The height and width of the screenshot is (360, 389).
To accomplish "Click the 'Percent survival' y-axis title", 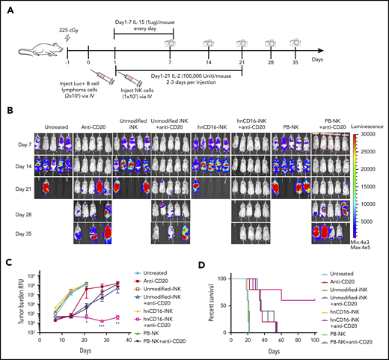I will click(x=207, y=296).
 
